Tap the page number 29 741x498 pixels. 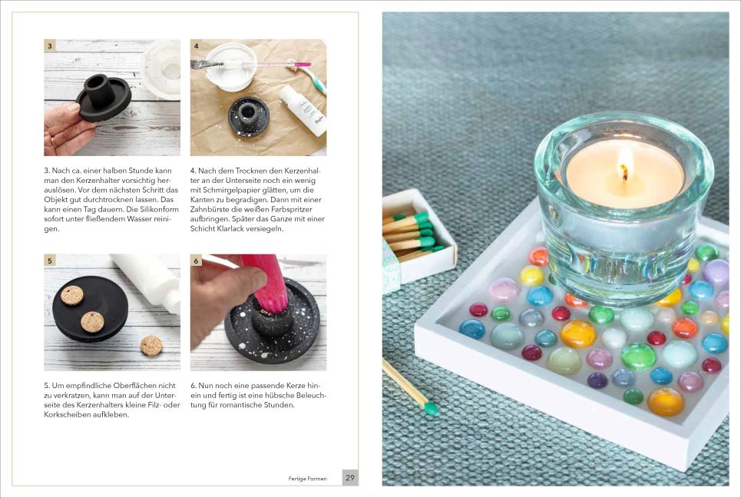[x=349, y=478]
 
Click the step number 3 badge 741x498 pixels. [x=50, y=45]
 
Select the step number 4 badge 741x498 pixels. [x=196, y=45]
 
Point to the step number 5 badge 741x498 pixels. [x=50, y=260]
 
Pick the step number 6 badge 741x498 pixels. [x=196, y=260]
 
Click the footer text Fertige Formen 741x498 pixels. [x=308, y=479]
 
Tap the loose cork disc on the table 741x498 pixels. [x=152, y=345]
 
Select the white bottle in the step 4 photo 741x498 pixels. [x=303, y=110]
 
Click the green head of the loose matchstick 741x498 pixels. [x=431, y=408]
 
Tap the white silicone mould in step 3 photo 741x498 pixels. [x=161, y=69]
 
